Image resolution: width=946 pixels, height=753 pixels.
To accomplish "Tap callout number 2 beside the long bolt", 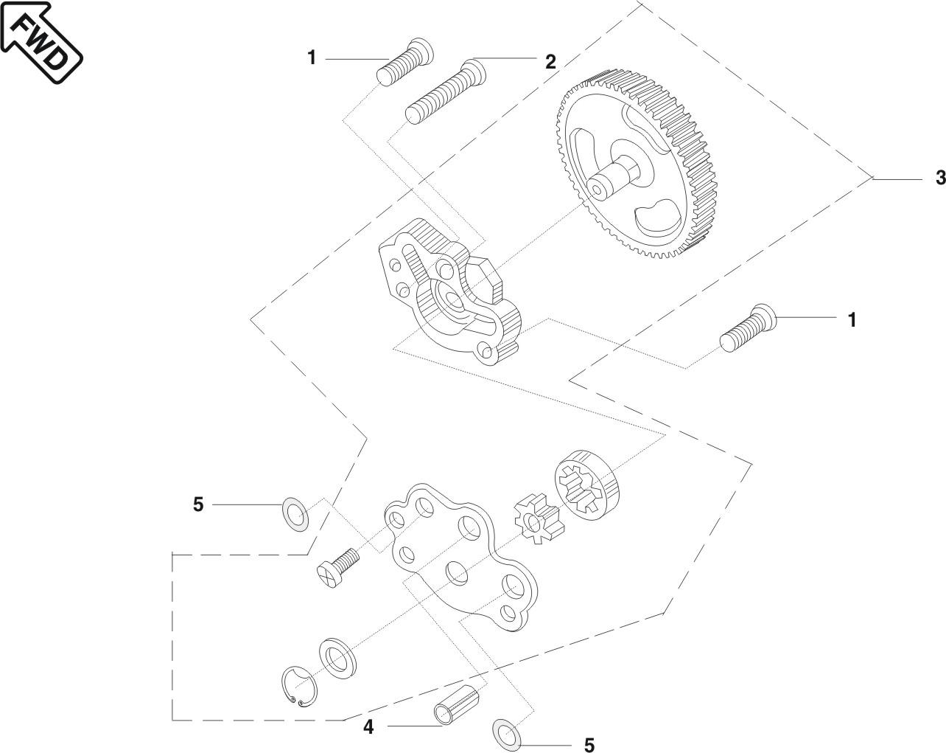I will [550, 63].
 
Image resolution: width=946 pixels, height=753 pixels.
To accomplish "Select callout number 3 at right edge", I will [939, 178].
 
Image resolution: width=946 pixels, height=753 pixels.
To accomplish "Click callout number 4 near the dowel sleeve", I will [368, 727].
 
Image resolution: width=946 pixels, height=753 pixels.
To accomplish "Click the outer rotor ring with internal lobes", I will [584, 488].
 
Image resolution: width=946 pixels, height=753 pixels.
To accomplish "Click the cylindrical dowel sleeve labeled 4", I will [458, 705].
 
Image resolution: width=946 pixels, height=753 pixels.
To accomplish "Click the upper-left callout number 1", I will [312, 58].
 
